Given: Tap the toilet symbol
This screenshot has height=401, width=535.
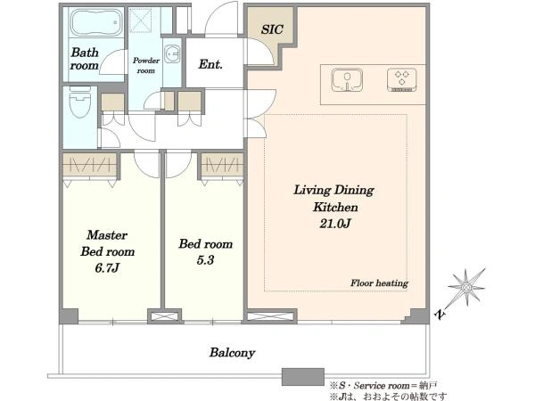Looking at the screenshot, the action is pyautogui.click(x=80, y=102).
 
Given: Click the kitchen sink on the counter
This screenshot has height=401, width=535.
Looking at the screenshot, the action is pyautogui.click(x=347, y=80).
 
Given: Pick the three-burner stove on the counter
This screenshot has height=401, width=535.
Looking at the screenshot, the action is pyautogui.click(x=402, y=80).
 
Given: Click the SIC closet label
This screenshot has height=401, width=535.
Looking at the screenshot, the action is pyautogui.click(x=272, y=29).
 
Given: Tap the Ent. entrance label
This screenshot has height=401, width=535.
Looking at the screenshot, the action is pyautogui.click(x=210, y=64).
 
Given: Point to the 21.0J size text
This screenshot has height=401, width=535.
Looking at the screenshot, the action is pyautogui.click(x=335, y=224).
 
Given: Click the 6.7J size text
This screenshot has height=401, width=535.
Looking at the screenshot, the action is pyautogui.click(x=107, y=268).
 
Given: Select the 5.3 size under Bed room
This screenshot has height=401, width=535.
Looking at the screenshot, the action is pyautogui.click(x=205, y=260).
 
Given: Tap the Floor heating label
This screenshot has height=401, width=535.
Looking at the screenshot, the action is pyautogui.click(x=380, y=283).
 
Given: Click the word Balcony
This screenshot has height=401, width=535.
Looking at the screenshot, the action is pyautogui.click(x=233, y=353).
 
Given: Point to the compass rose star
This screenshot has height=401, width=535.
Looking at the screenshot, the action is pyautogui.click(x=466, y=288).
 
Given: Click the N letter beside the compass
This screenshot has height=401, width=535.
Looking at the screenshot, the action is pyautogui.click(x=440, y=314).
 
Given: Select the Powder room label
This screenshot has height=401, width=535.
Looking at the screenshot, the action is pyautogui.click(x=146, y=65).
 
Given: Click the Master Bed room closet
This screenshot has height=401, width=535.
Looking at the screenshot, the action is pyautogui.click(x=90, y=165).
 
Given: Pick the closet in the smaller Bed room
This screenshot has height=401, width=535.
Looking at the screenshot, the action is pyautogui.click(x=222, y=165).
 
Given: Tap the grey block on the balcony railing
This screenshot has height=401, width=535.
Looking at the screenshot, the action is pyautogui.click(x=302, y=377).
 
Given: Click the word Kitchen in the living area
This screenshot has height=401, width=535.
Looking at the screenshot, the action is pyautogui.click(x=335, y=207).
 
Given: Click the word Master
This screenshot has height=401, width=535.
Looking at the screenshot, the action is pyautogui.click(x=107, y=235).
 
